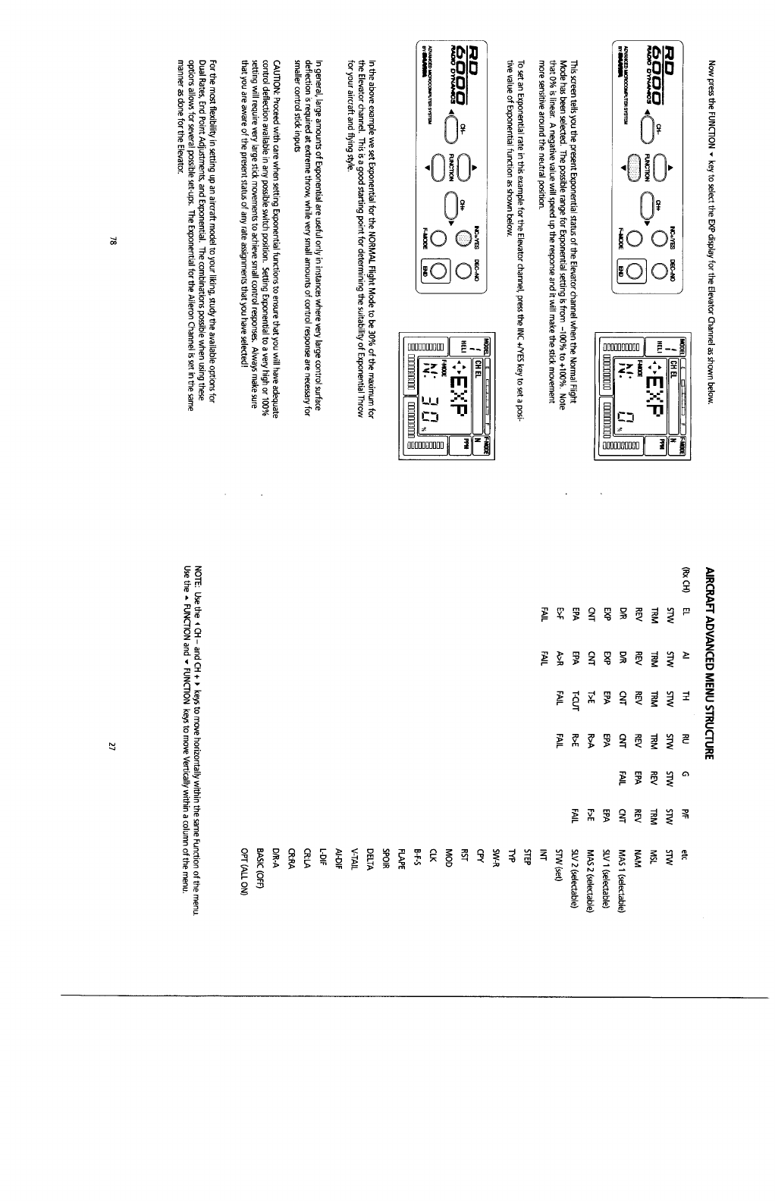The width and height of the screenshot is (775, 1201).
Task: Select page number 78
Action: (x=111, y=241)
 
